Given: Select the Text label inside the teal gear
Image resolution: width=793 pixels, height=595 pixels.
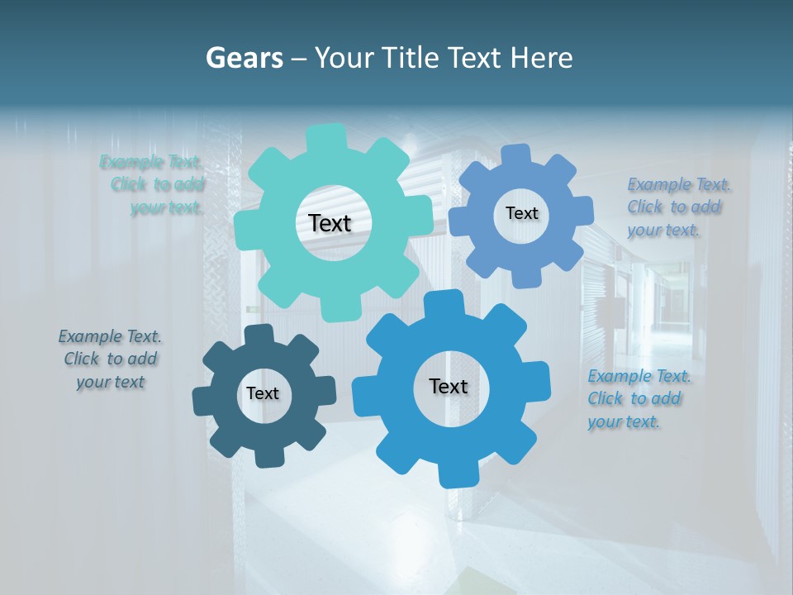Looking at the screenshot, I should [x=330, y=223].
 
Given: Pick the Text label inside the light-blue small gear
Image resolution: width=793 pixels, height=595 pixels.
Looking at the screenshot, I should [x=521, y=213].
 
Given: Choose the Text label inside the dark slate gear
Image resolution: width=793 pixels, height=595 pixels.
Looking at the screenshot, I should [x=262, y=393].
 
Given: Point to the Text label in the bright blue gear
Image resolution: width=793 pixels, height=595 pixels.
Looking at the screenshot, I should [x=448, y=386].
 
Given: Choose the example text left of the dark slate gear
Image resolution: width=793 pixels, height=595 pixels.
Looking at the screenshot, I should [x=110, y=359].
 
